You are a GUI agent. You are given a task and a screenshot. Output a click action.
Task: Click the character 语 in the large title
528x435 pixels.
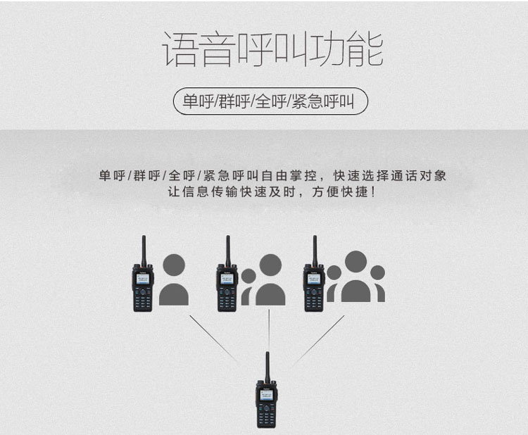(x=180, y=49)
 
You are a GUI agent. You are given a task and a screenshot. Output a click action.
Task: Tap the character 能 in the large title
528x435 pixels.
(x=365, y=49)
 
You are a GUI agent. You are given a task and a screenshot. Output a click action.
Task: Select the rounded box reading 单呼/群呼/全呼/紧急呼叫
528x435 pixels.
(x=270, y=101)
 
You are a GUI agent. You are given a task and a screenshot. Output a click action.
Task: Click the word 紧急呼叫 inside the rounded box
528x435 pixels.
(x=322, y=101)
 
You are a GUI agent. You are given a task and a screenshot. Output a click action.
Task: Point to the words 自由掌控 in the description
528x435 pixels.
(x=289, y=176)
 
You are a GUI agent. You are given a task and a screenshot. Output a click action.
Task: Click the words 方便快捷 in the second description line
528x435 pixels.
(x=340, y=192)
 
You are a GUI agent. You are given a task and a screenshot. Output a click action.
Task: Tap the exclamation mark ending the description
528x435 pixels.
(x=372, y=192)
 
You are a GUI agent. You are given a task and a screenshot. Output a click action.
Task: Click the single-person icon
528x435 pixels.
(x=174, y=279)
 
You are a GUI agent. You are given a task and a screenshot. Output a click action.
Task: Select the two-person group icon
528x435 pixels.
(x=263, y=279)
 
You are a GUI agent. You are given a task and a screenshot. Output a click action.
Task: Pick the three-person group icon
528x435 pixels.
(x=356, y=276)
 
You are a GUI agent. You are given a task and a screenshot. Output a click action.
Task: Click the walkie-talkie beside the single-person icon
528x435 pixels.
(x=143, y=273)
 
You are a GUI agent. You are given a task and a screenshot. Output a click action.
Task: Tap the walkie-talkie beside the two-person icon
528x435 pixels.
(x=227, y=273)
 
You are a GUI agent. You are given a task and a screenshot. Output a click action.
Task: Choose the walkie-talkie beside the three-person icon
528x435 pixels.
(x=314, y=273)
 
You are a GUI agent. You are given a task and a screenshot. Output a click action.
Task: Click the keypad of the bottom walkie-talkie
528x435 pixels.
(x=266, y=416)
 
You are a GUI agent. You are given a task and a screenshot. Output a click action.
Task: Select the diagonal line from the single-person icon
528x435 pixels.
(x=215, y=339)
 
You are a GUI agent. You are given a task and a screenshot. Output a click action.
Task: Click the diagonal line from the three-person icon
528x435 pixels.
(x=318, y=340)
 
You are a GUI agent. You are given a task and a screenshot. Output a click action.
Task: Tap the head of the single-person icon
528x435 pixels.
(x=174, y=265)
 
